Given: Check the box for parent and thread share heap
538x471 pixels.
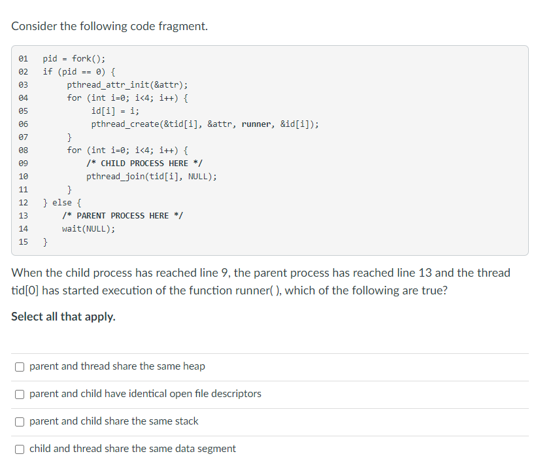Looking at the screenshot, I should point(21,367).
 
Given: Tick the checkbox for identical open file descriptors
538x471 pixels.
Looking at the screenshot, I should point(21,394).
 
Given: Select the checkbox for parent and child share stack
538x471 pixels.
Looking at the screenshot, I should point(21,422).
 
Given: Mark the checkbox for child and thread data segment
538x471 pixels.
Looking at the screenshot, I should point(21,449).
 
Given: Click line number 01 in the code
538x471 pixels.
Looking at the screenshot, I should point(24,59).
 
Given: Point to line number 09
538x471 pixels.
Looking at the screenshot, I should point(24,164).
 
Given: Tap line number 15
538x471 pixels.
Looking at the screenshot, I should point(24,242).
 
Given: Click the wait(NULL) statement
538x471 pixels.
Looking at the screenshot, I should point(88,229).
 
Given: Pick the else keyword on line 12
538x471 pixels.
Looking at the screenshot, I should point(62,203).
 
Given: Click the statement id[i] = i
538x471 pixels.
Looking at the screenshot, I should point(115,111).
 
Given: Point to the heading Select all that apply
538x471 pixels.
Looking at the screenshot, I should point(63,317).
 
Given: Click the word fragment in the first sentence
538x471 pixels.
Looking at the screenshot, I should point(185,27).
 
